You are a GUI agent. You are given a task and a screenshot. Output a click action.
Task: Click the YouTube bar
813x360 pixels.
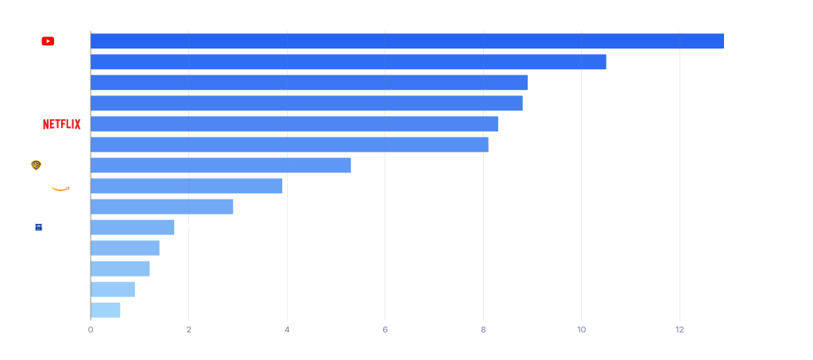pyautogui.click(x=407, y=41)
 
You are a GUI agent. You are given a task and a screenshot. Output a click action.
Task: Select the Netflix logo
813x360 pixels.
pyautogui.click(x=62, y=124)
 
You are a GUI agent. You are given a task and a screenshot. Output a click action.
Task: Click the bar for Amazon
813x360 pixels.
pyautogui.click(x=187, y=186)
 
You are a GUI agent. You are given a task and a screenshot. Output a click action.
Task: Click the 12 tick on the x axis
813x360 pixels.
pyautogui.click(x=679, y=329)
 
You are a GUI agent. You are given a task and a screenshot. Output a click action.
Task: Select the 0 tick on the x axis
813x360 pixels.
pyautogui.click(x=91, y=329)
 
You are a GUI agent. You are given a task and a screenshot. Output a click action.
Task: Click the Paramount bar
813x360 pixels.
pyautogui.click(x=309, y=83)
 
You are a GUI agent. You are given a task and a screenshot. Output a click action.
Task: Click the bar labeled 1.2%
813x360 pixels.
pyautogui.click(x=120, y=269)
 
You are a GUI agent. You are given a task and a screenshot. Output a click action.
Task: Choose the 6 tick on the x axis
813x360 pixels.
pyautogui.click(x=385, y=329)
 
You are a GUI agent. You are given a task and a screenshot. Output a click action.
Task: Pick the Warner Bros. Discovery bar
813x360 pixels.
pyautogui.click(x=221, y=165)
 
